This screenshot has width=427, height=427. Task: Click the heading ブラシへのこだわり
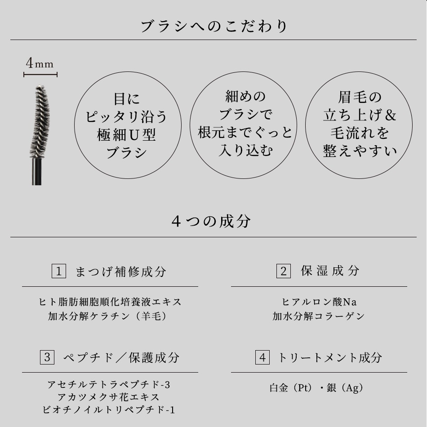click(213, 26)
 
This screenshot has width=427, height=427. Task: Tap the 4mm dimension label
click(40, 64)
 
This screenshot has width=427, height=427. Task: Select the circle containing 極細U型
click(127, 125)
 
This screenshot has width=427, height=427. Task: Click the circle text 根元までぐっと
click(245, 132)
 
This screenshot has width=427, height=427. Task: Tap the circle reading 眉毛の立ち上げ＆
click(359, 115)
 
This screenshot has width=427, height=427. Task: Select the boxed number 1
click(59, 271)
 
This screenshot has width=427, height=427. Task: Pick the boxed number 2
click(283, 271)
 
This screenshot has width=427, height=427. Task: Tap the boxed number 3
click(47, 358)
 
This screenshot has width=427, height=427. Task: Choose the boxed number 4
click(262, 358)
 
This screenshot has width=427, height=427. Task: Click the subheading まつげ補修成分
click(120, 271)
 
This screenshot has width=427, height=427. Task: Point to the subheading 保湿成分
click(330, 271)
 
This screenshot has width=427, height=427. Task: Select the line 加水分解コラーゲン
click(319, 316)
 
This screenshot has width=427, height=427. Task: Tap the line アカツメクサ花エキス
click(109, 397)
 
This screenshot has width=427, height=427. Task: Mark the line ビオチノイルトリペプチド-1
click(109, 410)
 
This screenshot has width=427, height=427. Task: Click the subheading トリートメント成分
click(330, 358)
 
